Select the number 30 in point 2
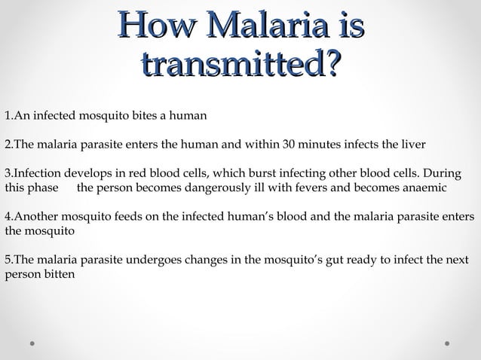(x=288, y=145)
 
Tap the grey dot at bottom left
(x=32, y=343)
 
